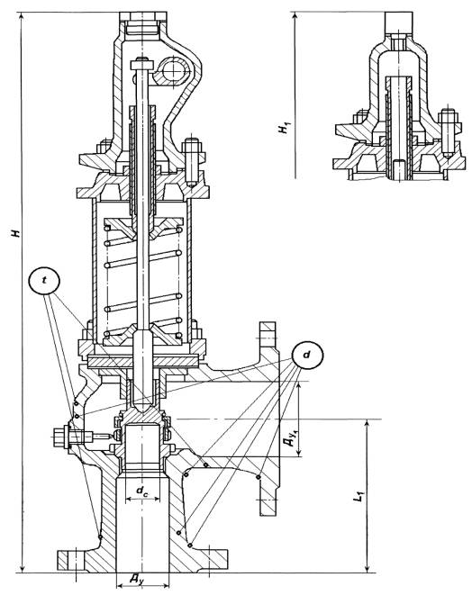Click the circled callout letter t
point(44,281)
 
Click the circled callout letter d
point(307,355)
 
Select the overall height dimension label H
point(15,232)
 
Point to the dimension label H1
point(283,129)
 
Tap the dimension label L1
point(359,496)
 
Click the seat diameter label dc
point(142,491)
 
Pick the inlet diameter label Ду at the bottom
point(137,580)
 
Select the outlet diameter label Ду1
point(290,437)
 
